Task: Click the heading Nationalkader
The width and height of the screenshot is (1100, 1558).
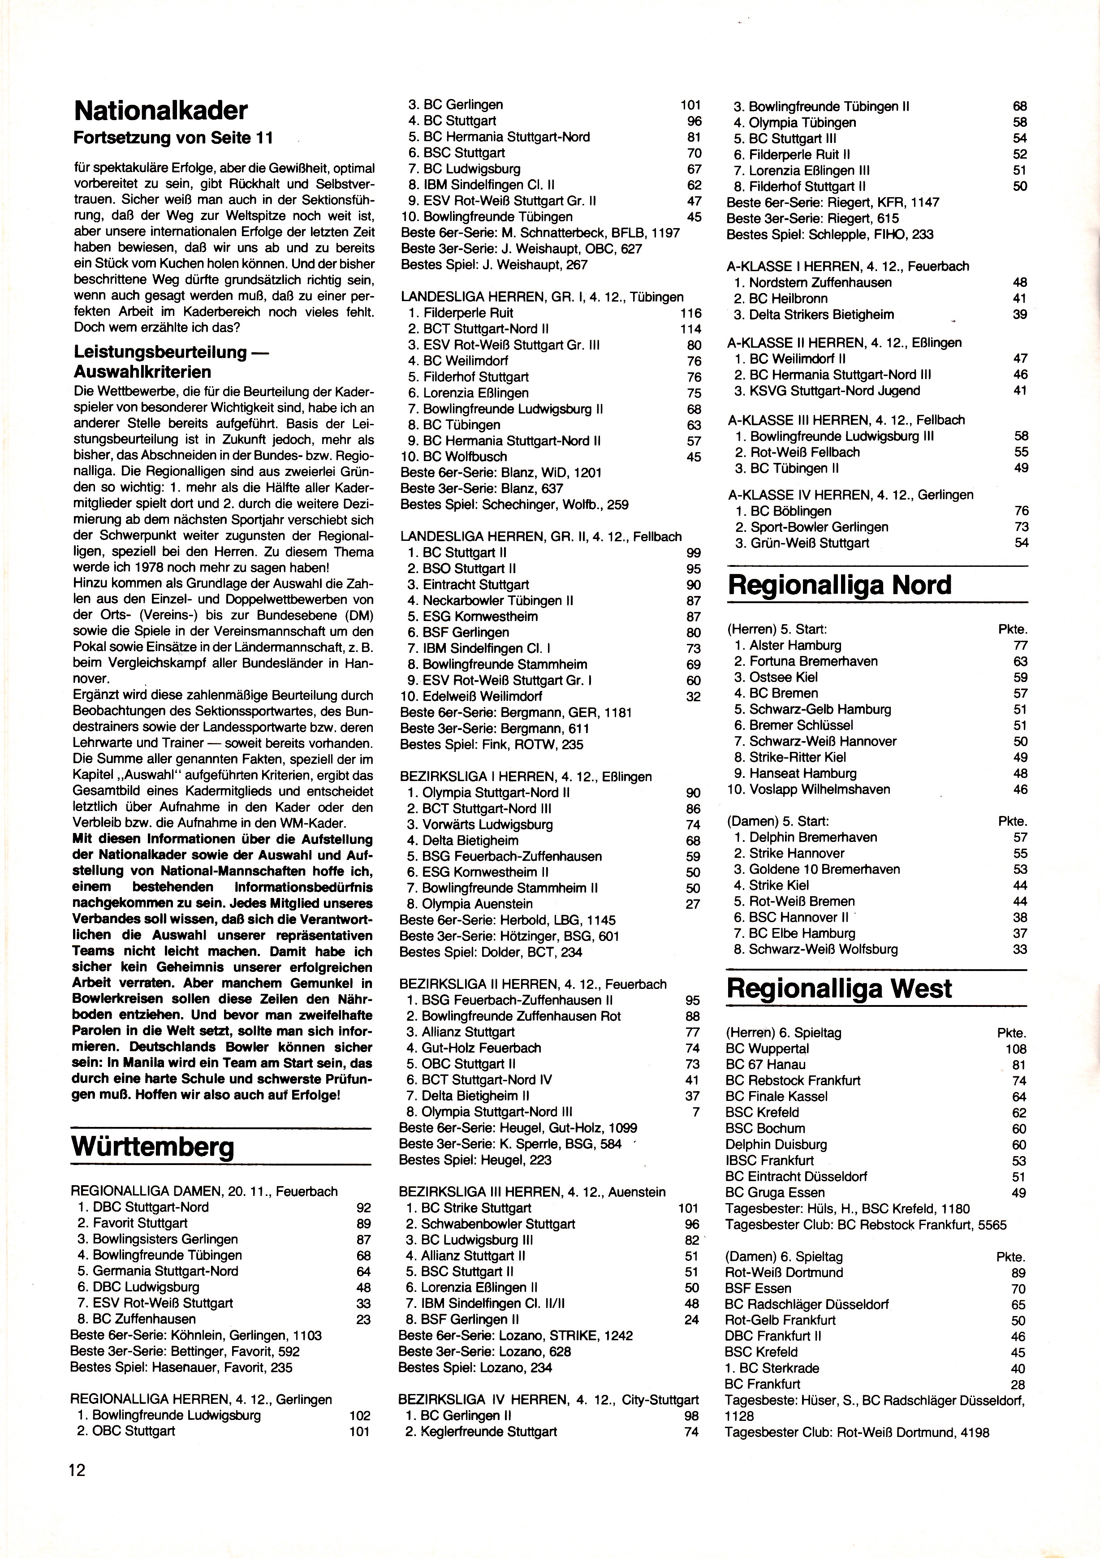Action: tap(160, 111)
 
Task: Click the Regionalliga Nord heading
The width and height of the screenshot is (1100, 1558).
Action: tap(839, 585)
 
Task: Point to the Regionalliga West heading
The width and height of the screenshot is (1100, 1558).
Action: tap(839, 988)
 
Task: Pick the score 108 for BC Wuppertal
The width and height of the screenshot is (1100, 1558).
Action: tap(1015, 1049)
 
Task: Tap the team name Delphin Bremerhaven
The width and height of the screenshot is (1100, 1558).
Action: tap(813, 837)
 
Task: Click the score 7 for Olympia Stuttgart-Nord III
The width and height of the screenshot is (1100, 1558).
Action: tap(695, 1112)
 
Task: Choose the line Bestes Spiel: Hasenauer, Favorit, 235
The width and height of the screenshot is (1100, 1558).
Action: tap(181, 1367)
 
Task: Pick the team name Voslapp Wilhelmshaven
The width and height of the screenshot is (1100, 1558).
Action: tap(820, 789)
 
